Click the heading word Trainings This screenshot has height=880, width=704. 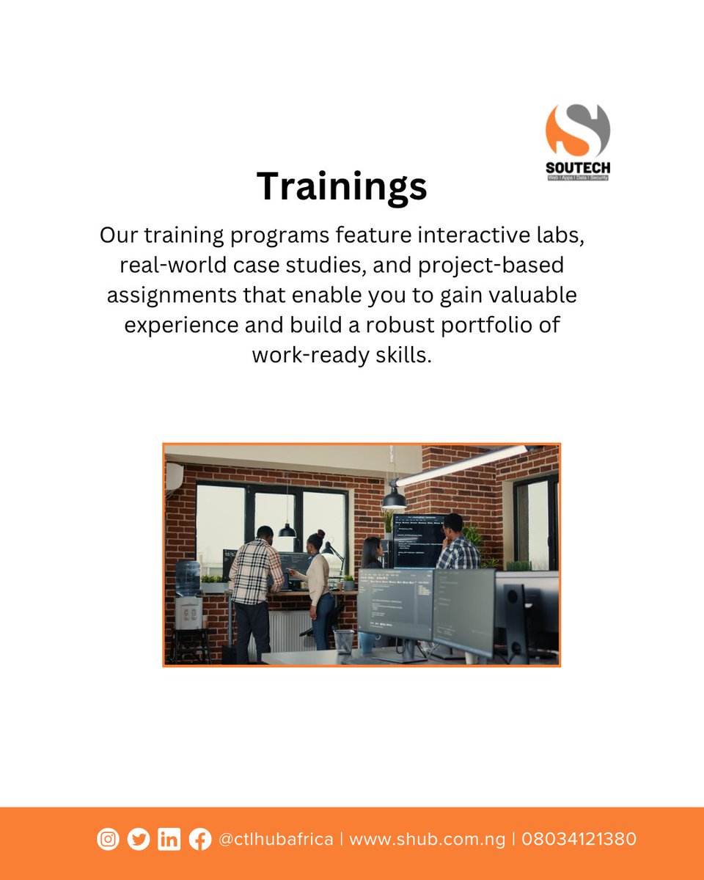click(342, 186)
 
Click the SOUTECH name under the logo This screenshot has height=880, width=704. click(577, 168)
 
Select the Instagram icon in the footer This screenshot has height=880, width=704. click(108, 839)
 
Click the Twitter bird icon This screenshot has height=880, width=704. click(138, 839)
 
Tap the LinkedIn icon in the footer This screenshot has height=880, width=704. click(169, 839)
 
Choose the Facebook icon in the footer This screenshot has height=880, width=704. click(199, 839)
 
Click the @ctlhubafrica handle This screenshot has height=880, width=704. click(276, 839)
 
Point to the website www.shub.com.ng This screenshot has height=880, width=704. click(427, 839)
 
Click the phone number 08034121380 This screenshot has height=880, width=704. click(579, 839)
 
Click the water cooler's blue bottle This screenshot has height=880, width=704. click(187, 578)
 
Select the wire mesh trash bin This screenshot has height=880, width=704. click(343, 641)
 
